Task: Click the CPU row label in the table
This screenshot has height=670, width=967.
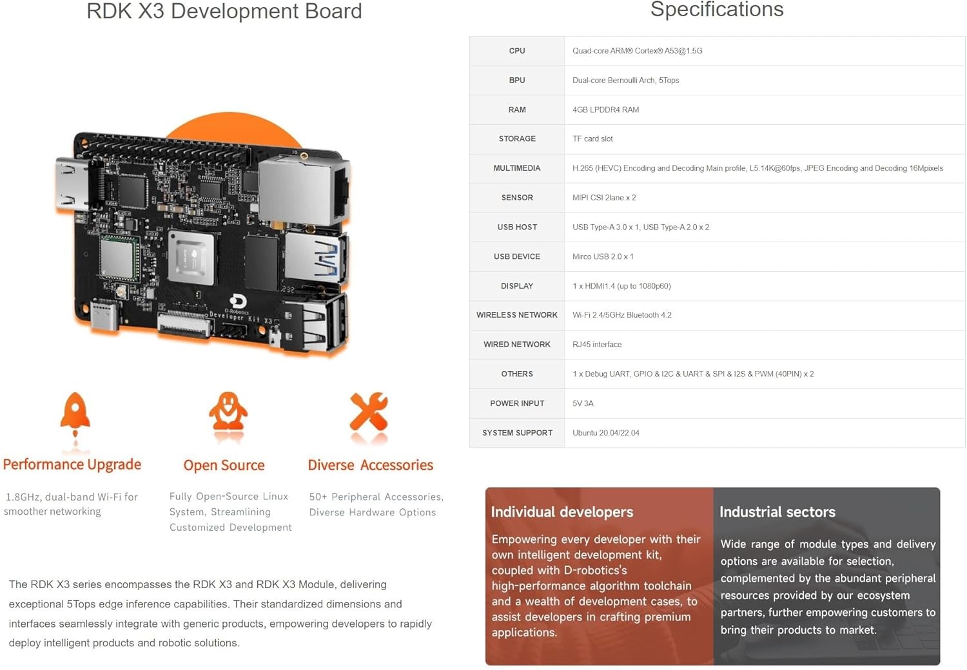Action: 517,51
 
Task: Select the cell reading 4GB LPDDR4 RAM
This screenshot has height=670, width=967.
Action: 605,110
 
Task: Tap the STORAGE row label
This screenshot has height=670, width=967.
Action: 517,139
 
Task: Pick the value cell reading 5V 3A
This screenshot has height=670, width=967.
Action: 583,403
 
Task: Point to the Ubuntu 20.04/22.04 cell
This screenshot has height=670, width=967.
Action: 605,433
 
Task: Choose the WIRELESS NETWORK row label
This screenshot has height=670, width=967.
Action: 517,315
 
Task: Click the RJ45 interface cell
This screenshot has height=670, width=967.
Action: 597,345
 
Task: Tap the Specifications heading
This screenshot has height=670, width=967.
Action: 716,10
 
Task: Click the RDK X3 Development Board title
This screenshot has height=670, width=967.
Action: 224,12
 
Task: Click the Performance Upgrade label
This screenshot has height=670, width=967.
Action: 72,464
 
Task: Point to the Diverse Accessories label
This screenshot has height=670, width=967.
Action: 370,465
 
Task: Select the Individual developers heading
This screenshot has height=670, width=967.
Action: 562,512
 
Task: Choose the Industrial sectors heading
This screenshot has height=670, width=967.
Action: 777,512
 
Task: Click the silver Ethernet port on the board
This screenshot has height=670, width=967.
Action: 303,190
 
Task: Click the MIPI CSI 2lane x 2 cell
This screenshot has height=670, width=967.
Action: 604,198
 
